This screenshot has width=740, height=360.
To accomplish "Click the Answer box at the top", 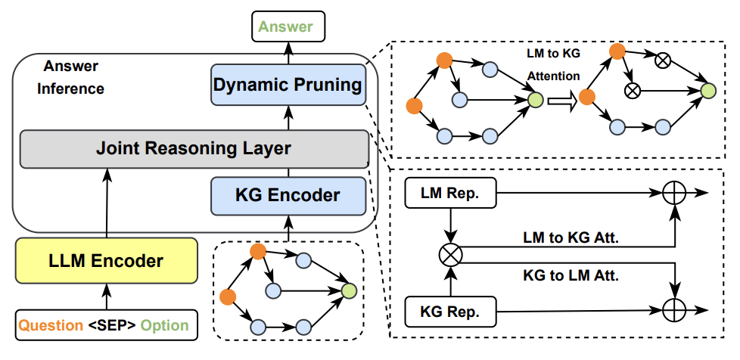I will (x=287, y=27).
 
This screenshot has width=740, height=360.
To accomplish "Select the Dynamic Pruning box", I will (x=287, y=85).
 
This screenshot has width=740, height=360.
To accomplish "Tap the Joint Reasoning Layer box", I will (x=193, y=148).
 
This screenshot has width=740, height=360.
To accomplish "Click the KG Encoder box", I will (x=287, y=195).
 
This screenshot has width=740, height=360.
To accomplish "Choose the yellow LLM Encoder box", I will (x=106, y=262).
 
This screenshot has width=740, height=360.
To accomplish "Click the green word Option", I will (x=165, y=326).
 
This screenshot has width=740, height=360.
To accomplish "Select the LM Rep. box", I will (x=451, y=194).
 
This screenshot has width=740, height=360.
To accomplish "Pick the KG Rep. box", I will (x=451, y=310).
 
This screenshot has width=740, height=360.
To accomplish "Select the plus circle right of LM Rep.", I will (x=673, y=194).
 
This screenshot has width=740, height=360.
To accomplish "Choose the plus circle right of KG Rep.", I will (x=673, y=310).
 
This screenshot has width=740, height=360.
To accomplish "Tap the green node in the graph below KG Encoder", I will (x=348, y=290).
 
